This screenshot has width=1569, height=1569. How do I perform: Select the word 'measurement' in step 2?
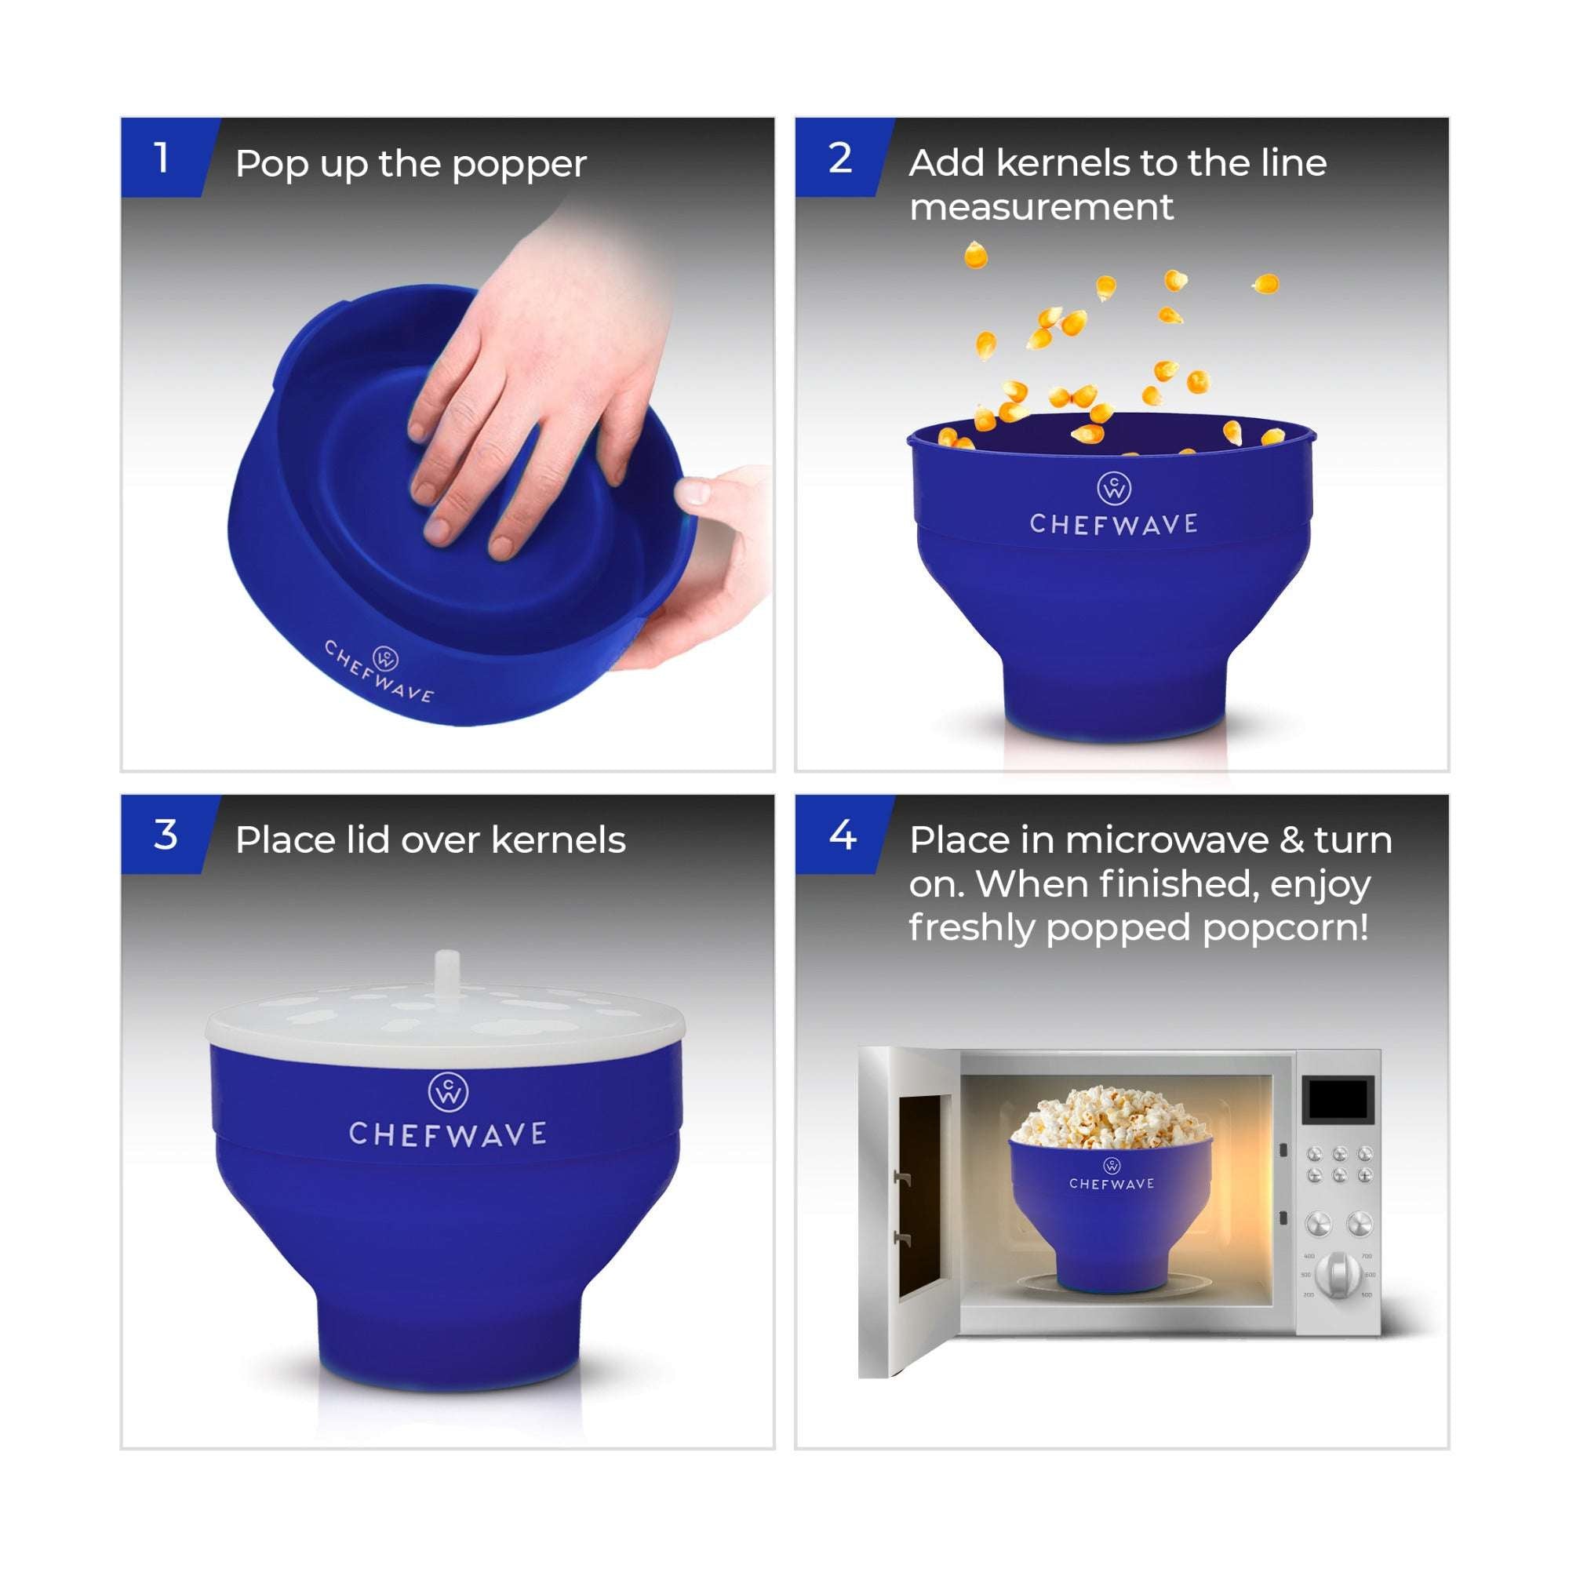1041,207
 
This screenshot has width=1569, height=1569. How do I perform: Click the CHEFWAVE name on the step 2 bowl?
1114,525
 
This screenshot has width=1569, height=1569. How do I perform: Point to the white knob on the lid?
446,971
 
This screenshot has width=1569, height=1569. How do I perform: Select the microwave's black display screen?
1338,1100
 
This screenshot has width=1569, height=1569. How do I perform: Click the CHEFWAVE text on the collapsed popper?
379,672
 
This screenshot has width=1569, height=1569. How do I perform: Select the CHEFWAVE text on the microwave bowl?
1111,1184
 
